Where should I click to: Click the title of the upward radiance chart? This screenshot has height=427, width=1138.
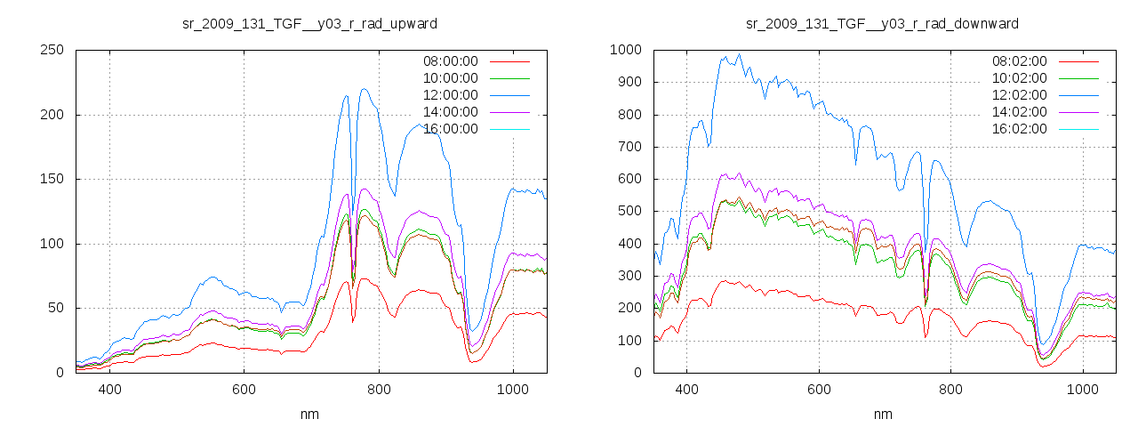click(x=309, y=23)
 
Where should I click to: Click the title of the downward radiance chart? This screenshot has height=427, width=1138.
click(x=882, y=23)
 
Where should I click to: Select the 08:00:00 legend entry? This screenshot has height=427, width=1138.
click(x=450, y=61)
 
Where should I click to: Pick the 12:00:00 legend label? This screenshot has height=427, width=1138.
click(x=450, y=95)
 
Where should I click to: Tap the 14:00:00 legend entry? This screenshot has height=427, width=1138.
click(x=450, y=112)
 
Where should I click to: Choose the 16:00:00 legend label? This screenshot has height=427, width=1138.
click(x=450, y=129)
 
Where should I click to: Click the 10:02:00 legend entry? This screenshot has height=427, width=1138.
click(x=1019, y=78)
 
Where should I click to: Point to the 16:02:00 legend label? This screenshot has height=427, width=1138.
click(x=1019, y=129)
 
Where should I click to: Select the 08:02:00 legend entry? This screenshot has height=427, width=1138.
click(x=1019, y=61)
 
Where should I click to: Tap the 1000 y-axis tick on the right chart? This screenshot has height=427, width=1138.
click(x=625, y=51)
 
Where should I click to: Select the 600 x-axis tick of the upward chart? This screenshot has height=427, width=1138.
click(x=244, y=390)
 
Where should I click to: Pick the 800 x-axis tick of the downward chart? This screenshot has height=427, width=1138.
click(x=950, y=390)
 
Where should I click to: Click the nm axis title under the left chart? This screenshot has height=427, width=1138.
click(x=310, y=414)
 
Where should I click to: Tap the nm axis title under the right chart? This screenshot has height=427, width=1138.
click(x=883, y=414)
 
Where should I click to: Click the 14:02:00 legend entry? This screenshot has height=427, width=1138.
click(x=1019, y=112)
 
